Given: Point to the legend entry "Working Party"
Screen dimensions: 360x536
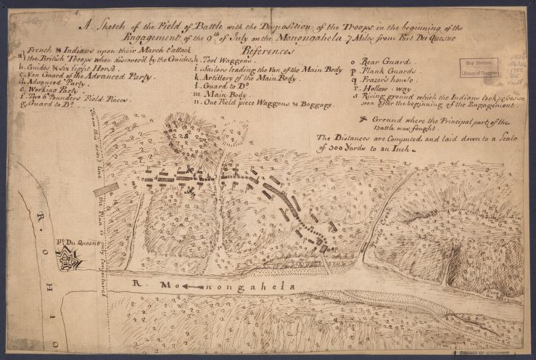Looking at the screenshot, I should (49, 91).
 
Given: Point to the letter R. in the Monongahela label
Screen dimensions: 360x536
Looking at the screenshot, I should (139, 287).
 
